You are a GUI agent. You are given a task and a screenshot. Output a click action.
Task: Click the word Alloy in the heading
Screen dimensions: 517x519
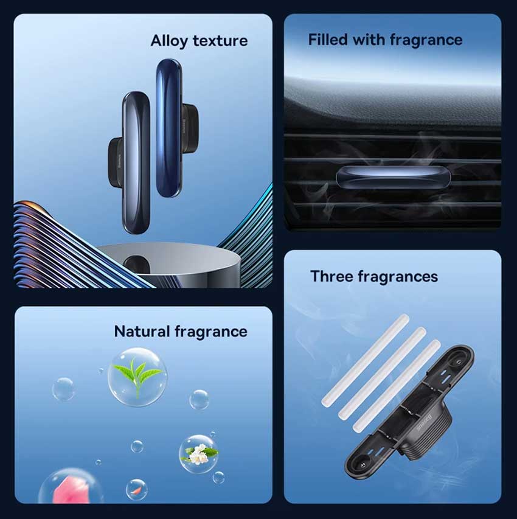point(169,41)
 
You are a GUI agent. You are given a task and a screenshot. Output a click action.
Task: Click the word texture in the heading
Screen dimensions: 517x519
point(220,41)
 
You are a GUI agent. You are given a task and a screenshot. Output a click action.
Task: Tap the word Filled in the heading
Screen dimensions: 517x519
point(328,40)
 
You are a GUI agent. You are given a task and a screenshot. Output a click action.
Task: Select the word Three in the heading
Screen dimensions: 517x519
point(331,276)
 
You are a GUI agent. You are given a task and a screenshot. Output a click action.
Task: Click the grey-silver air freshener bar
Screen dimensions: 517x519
point(136,163)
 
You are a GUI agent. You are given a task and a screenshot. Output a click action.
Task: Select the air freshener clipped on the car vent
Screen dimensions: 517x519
point(394,177)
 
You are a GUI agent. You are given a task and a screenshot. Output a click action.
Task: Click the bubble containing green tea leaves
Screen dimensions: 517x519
point(137,377)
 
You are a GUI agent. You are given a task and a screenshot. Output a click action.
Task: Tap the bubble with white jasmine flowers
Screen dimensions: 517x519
point(198,454)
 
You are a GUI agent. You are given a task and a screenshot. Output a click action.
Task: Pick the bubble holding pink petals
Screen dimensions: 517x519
point(71,487)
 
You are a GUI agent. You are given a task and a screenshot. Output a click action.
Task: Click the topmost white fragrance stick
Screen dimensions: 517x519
point(366,360)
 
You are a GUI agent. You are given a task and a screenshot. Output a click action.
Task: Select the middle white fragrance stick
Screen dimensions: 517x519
point(382,374)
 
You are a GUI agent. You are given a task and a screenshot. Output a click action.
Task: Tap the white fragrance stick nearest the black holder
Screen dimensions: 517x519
point(397,386)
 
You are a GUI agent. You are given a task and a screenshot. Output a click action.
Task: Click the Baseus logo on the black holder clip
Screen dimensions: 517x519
point(425,423)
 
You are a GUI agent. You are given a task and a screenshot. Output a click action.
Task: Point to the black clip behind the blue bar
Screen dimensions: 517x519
point(190,123)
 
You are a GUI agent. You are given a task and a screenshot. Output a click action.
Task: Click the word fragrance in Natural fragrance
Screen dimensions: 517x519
point(211,332)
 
